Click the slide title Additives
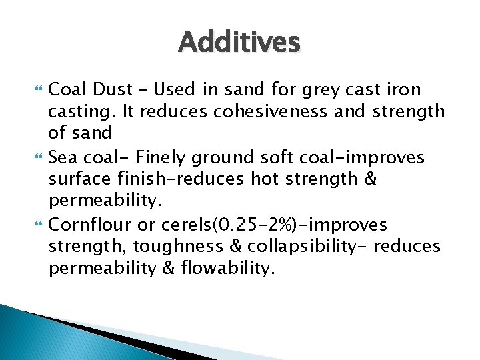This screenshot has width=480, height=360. [239, 43]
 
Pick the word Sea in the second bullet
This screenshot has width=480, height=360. [64, 157]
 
